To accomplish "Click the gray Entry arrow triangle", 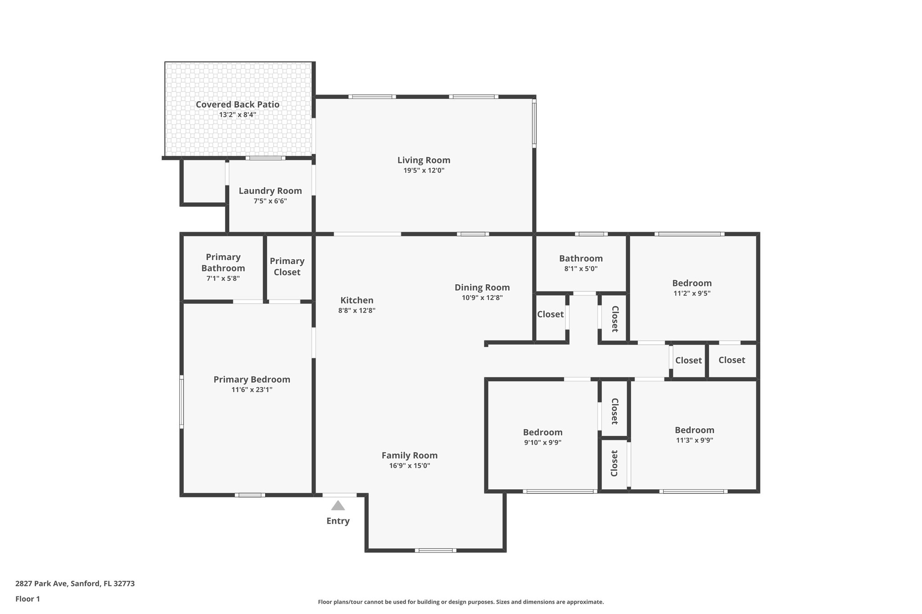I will click(338, 506).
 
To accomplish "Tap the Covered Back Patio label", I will click(237, 104).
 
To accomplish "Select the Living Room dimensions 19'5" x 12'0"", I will click(424, 170).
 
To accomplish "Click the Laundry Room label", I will click(270, 191).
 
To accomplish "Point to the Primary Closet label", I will click(287, 266).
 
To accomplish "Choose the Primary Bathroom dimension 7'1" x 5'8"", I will click(223, 278).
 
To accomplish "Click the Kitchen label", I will click(357, 300).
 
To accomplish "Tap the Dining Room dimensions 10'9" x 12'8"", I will click(482, 298).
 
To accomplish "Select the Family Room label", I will click(409, 455).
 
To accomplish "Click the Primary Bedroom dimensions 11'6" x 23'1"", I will click(252, 390).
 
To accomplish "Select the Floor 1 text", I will click(27, 599).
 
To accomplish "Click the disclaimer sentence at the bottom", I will click(461, 602).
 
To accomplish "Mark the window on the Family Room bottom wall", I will click(435, 550).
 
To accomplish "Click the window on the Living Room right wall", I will click(534, 123).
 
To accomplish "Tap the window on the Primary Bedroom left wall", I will click(181, 402).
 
